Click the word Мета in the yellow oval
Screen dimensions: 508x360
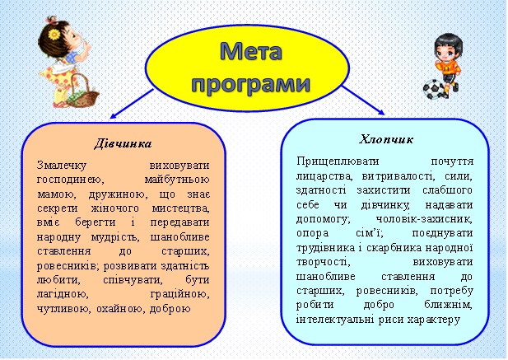(x=251, y=51)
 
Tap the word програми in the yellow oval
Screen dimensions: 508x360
(x=251, y=84)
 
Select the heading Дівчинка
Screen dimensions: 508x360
(x=124, y=143)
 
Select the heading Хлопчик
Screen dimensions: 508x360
(x=386, y=139)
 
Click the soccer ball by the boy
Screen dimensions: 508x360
(x=434, y=89)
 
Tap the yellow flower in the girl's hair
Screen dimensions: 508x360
(x=54, y=34)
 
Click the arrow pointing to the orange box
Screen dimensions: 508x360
(x=131, y=104)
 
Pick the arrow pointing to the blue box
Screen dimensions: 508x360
(x=363, y=101)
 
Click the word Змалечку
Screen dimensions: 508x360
(x=62, y=166)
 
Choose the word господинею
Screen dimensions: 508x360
(x=70, y=180)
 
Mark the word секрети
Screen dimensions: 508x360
(x=58, y=208)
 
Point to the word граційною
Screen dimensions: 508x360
(x=179, y=295)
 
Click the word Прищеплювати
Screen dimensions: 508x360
(x=338, y=161)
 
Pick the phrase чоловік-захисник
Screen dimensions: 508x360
(x=424, y=219)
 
